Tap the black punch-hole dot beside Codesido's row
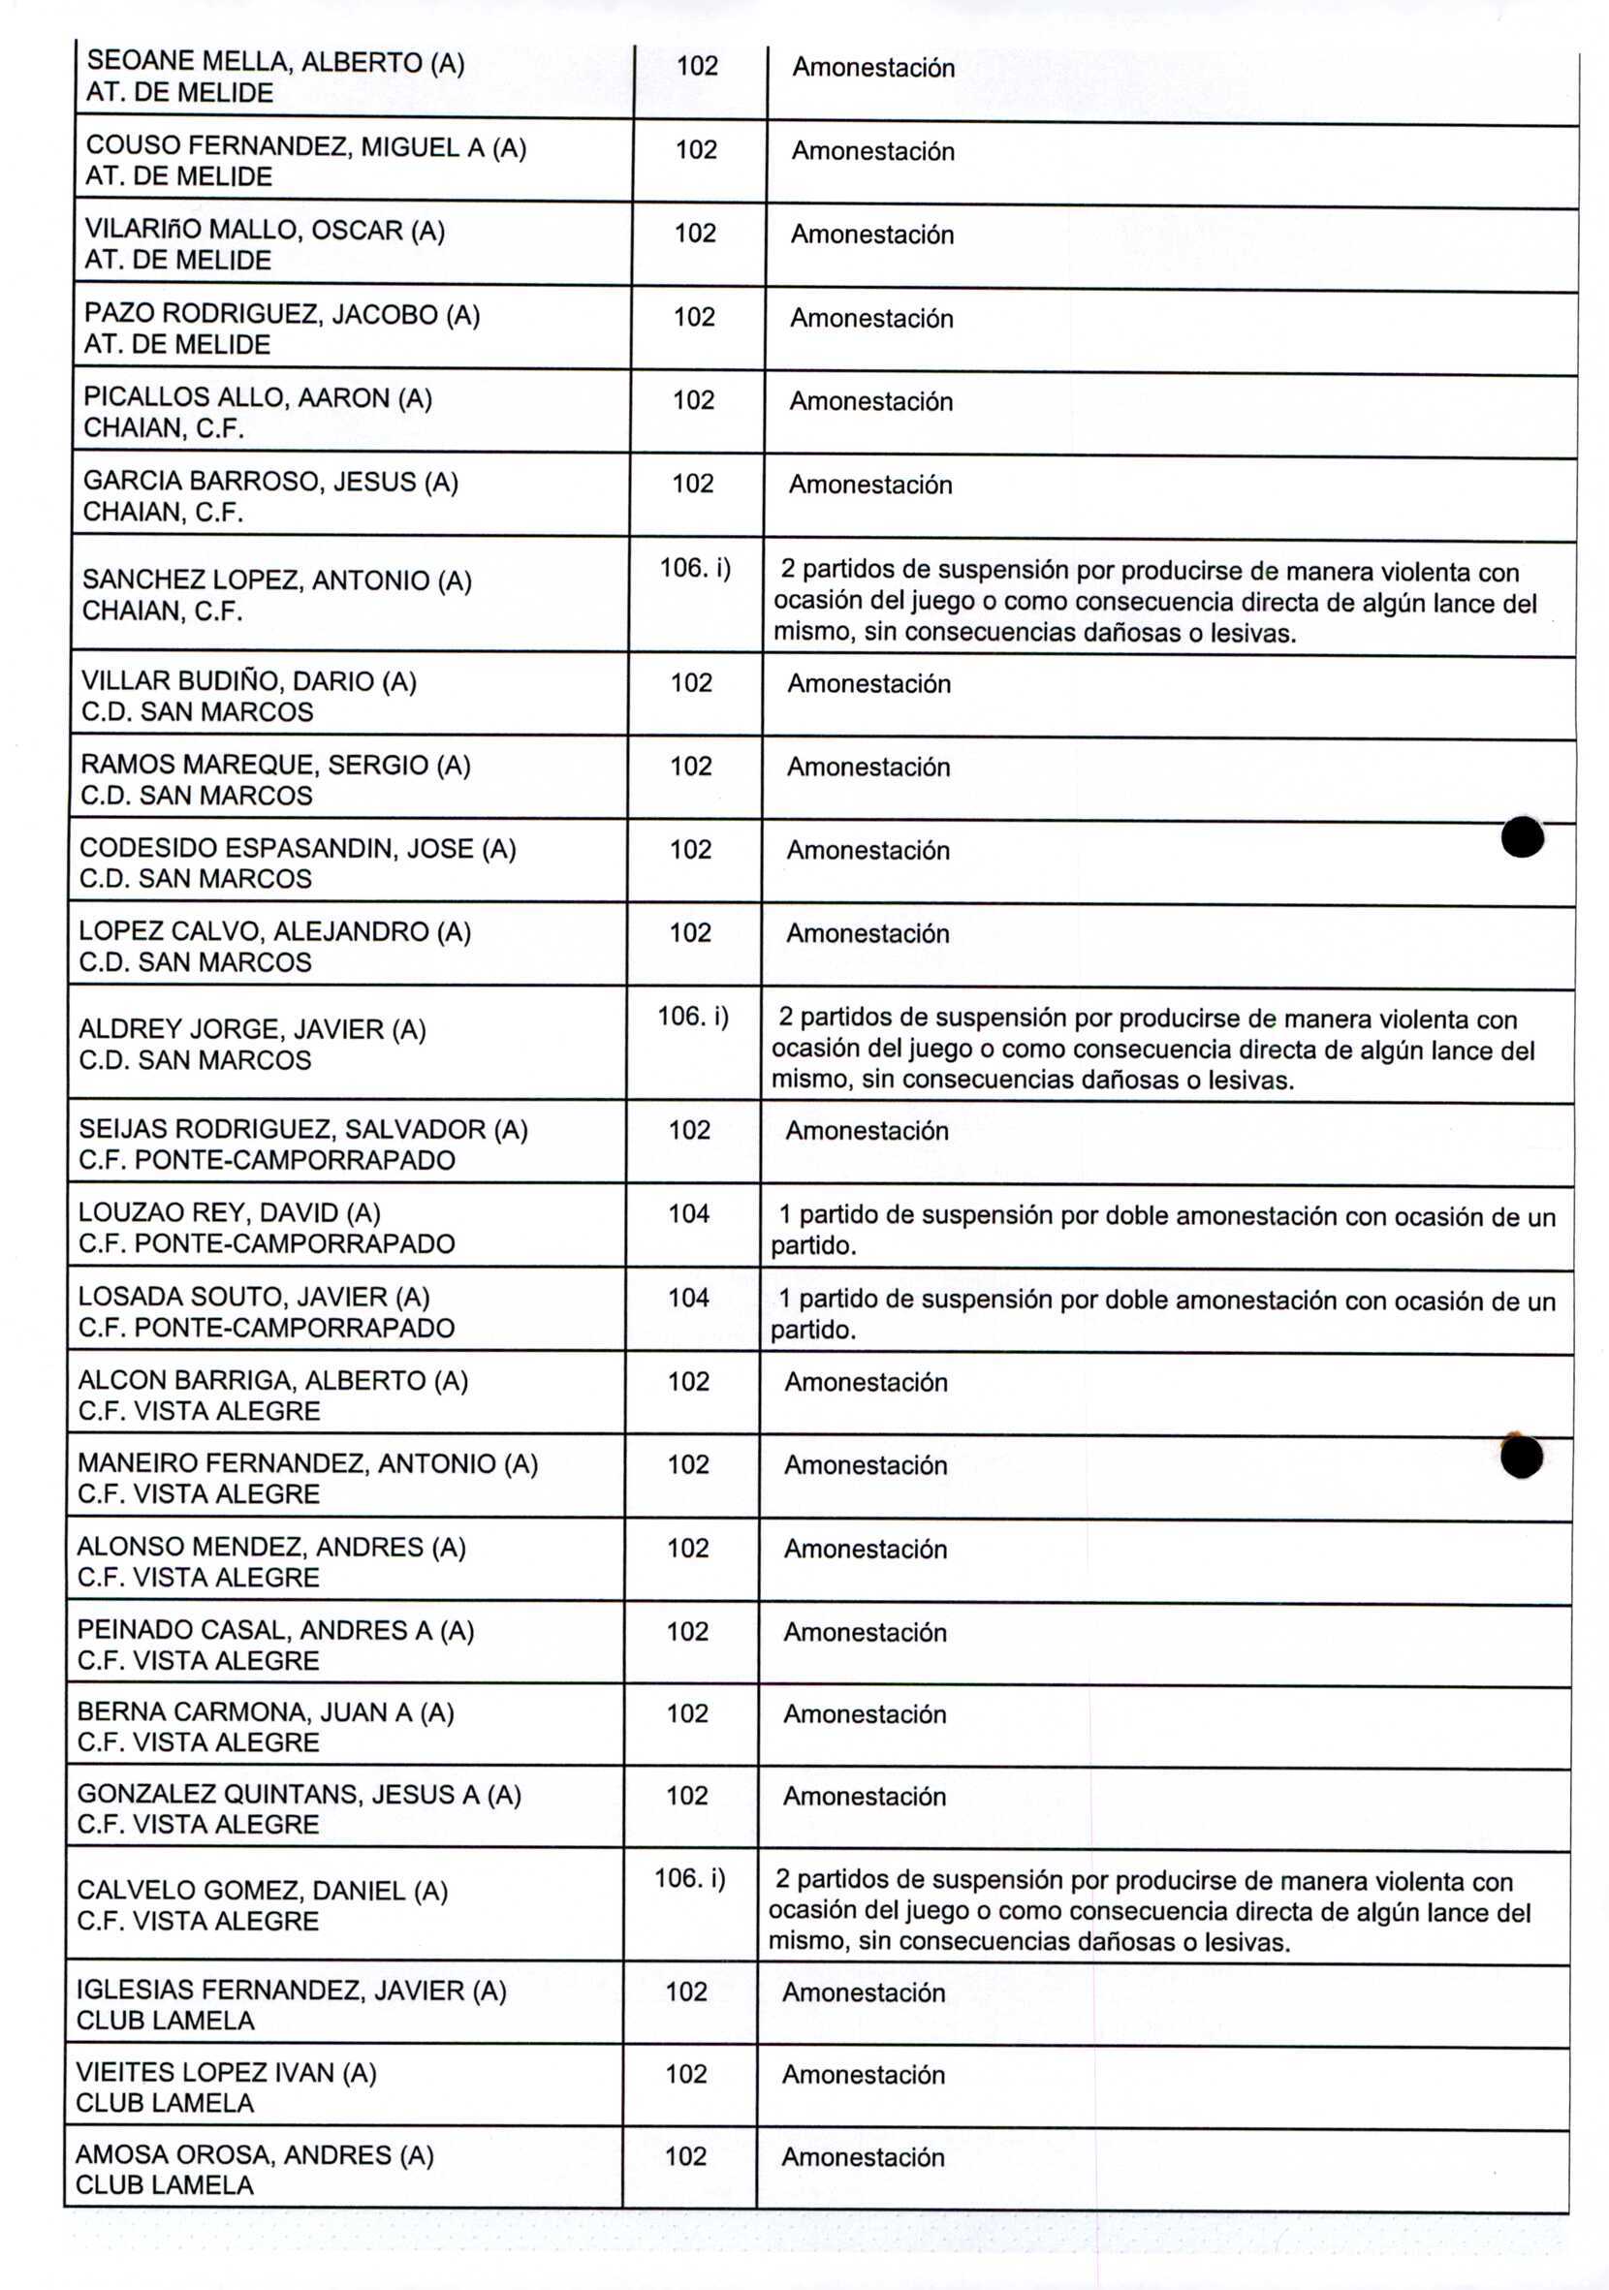tap(1522, 836)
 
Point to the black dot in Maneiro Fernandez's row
tap(1521, 1458)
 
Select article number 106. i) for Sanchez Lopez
tap(694, 569)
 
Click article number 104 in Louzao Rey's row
tap(688, 1214)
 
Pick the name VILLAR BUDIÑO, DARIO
tap(248, 682)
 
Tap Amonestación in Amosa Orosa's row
tap(862, 2157)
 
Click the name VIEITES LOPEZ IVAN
tap(227, 2073)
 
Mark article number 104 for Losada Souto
tap(688, 1298)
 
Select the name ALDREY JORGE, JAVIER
tap(252, 1029)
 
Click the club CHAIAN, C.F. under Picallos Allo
tap(164, 429)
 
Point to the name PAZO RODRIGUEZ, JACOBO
tap(281, 315)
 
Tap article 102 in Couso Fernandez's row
tap(696, 149)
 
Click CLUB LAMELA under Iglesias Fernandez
tap(166, 2020)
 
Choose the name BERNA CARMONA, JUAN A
tap(266, 1712)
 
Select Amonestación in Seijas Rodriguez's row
tap(866, 1131)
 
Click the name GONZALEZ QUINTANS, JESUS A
tap(300, 1794)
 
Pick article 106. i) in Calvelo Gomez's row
tap(689, 1878)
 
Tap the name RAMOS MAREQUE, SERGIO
tap(275, 765)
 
